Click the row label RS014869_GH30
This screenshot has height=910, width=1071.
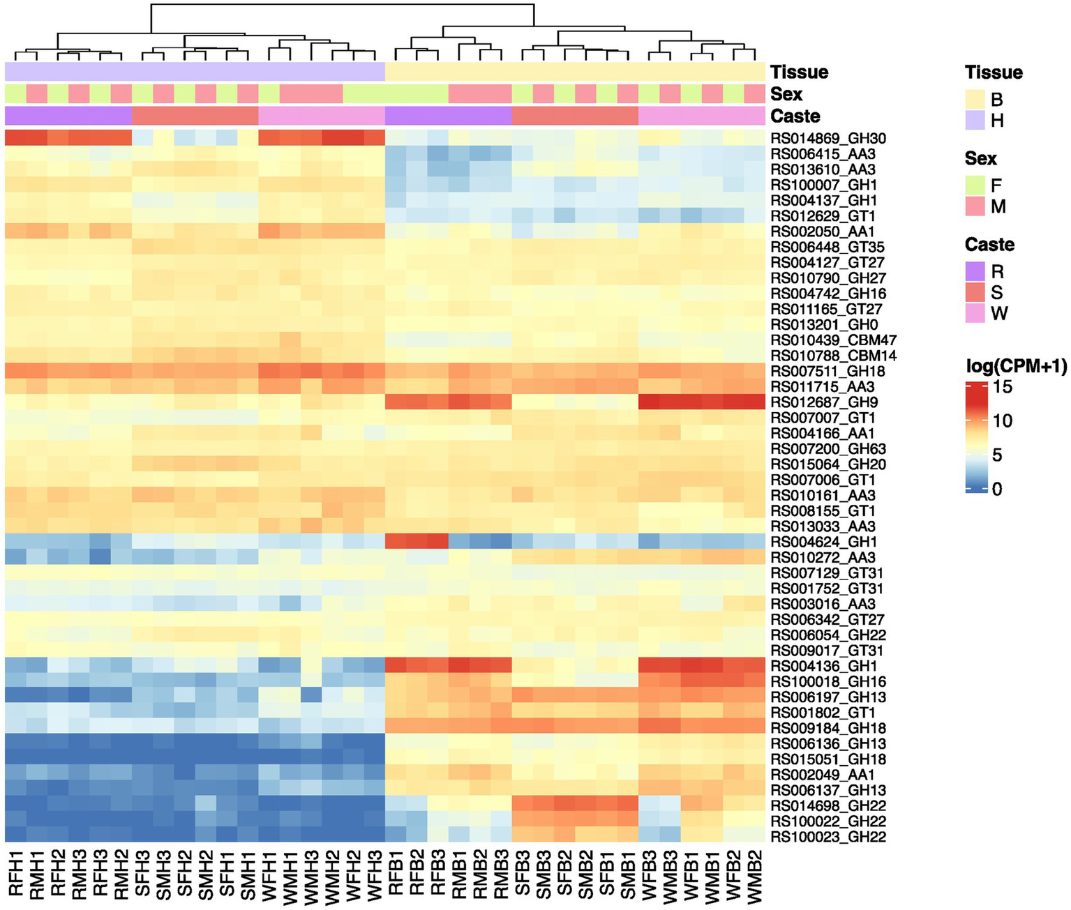[828, 138]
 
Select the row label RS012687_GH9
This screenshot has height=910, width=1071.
[824, 402]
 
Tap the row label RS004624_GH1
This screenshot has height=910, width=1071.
[824, 542]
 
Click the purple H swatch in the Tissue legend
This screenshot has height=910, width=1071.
[975, 121]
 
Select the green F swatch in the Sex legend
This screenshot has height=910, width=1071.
[975, 185]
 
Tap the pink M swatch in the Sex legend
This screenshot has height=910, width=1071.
[975, 206]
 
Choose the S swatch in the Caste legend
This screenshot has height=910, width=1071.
[975, 292]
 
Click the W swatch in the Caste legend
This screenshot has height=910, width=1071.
[975, 313]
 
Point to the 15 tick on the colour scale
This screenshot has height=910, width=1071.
[1003, 387]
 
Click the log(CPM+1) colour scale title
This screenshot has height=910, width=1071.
[1016, 366]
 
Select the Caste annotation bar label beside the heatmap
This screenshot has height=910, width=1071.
[795, 116]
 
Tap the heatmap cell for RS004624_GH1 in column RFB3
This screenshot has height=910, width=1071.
[437, 542]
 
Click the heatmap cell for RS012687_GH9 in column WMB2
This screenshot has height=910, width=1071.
[755, 402]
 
